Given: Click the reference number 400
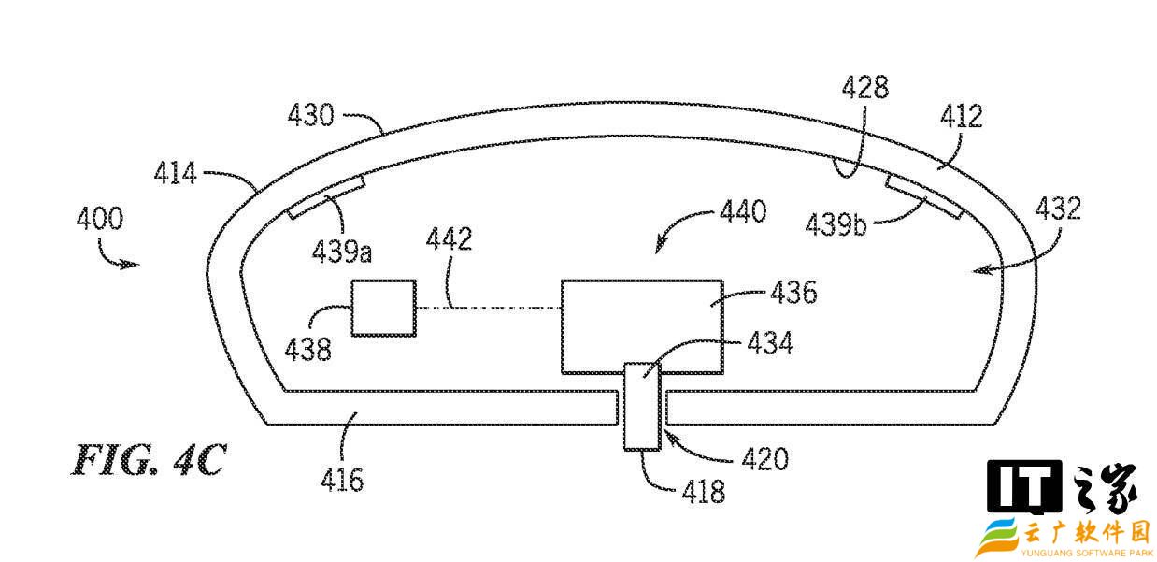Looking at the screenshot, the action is point(100,218).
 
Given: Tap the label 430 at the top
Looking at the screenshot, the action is point(311,115).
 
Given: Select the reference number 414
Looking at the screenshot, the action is point(176,173).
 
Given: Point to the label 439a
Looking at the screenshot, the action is point(342,252).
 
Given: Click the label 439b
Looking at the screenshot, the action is point(836,225).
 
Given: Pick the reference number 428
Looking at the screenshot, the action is point(865,87).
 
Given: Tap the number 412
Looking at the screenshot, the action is point(962,116).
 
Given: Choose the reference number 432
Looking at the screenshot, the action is point(1058,209).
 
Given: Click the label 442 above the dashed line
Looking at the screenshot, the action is point(449,238).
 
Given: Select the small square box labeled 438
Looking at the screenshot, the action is point(384,309).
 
